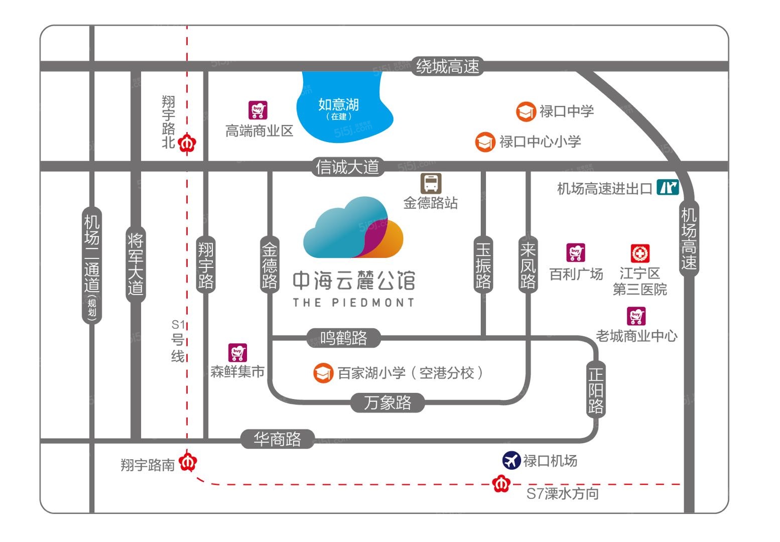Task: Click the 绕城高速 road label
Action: (x=447, y=66)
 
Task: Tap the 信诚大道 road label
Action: (x=347, y=167)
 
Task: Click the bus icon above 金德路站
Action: (x=431, y=183)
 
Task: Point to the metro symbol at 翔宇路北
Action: (x=187, y=144)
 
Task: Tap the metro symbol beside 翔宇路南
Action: (x=188, y=462)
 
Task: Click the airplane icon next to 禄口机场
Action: (x=511, y=460)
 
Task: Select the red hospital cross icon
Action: (x=640, y=253)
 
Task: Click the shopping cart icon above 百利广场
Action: (x=576, y=252)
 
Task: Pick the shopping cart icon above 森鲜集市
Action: (x=237, y=353)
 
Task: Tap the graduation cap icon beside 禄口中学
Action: (x=526, y=111)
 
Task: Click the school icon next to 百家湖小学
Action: (x=323, y=373)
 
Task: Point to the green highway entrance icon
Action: (x=668, y=188)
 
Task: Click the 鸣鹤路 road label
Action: (x=344, y=338)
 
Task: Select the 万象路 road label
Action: (x=387, y=402)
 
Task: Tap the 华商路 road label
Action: (x=277, y=439)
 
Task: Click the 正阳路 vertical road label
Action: (x=596, y=390)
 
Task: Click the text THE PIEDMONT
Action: (x=353, y=302)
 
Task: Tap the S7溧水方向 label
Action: (x=562, y=493)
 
